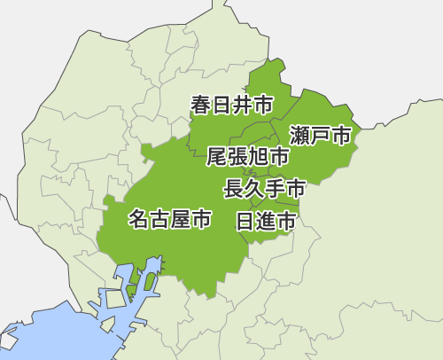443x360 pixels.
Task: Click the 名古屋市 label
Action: coord(170,218)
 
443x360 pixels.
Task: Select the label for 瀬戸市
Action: coord(321,136)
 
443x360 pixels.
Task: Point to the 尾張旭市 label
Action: coord(248,158)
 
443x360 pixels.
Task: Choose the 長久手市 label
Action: coord(265,188)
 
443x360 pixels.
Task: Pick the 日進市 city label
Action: coord(266,222)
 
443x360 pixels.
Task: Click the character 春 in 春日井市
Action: coord(201,106)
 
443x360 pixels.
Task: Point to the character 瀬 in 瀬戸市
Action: coord(299,136)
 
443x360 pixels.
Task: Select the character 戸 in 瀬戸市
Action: coord(321,136)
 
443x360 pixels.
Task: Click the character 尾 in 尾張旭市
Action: coord(216,158)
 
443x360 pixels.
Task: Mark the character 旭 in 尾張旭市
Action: coord(259,158)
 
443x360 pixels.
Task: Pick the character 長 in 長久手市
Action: coord(234,188)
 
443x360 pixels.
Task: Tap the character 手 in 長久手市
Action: coord(276,188)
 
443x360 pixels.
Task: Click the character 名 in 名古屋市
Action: coord(139,218)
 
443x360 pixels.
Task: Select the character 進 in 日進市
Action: coord(266,222)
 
